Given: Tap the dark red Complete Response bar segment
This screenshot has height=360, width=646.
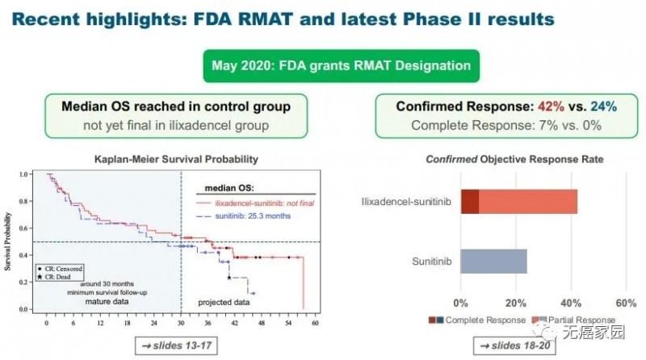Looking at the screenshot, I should click(470, 202).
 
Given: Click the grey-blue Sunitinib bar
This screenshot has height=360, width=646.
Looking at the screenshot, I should click(493, 261).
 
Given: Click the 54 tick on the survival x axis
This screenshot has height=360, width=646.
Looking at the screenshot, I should click(288, 322).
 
